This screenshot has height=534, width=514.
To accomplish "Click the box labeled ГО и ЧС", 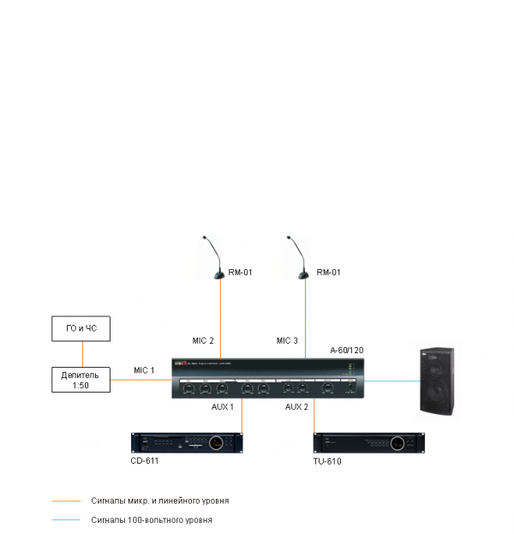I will point(81,329).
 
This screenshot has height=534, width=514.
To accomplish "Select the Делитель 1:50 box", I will point(81,380).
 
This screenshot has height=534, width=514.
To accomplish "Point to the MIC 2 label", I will point(203,341).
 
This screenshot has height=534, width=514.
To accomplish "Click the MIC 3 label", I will point(287,341).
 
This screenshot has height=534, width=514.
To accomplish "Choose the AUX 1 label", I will point(223,406).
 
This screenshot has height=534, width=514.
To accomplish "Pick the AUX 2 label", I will point(296,406).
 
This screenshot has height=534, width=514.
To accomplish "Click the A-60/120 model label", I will point(347,351).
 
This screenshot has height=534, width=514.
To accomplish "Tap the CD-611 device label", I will point(146,460).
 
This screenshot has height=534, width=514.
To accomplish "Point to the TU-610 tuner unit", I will point(368,442).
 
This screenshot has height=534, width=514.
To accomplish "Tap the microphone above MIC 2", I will point(217,257).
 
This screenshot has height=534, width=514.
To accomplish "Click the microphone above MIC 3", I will point(299,257).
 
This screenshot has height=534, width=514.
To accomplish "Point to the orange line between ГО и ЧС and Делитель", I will point(81,354).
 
